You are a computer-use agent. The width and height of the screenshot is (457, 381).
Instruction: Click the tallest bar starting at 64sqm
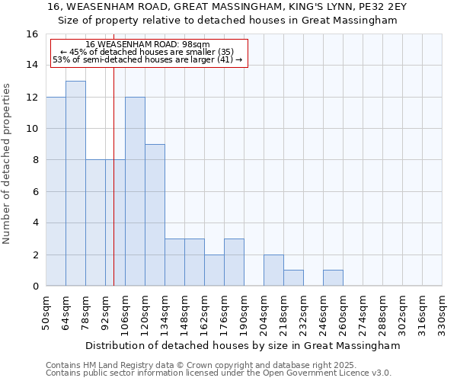click(75, 184)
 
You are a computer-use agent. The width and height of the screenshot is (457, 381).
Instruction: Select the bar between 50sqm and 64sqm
click(56, 191)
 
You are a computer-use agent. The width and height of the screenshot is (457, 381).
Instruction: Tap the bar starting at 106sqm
click(135, 191)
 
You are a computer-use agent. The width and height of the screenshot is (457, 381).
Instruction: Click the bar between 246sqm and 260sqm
click(333, 278)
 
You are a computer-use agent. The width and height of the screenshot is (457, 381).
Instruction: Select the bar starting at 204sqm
click(273, 271)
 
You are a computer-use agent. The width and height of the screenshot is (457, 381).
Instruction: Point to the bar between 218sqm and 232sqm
click(293, 278)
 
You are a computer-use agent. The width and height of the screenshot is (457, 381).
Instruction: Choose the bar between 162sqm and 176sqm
click(214, 271)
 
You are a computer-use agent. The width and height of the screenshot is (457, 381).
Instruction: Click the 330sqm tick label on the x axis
click(443, 312)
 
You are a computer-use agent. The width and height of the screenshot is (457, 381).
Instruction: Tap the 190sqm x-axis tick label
click(244, 312)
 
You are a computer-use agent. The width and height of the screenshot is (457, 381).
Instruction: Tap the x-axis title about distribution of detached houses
click(242, 345)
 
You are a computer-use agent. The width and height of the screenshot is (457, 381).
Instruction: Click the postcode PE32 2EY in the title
click(356, 6)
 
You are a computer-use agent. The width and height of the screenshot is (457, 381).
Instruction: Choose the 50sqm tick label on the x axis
click(46, 312)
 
